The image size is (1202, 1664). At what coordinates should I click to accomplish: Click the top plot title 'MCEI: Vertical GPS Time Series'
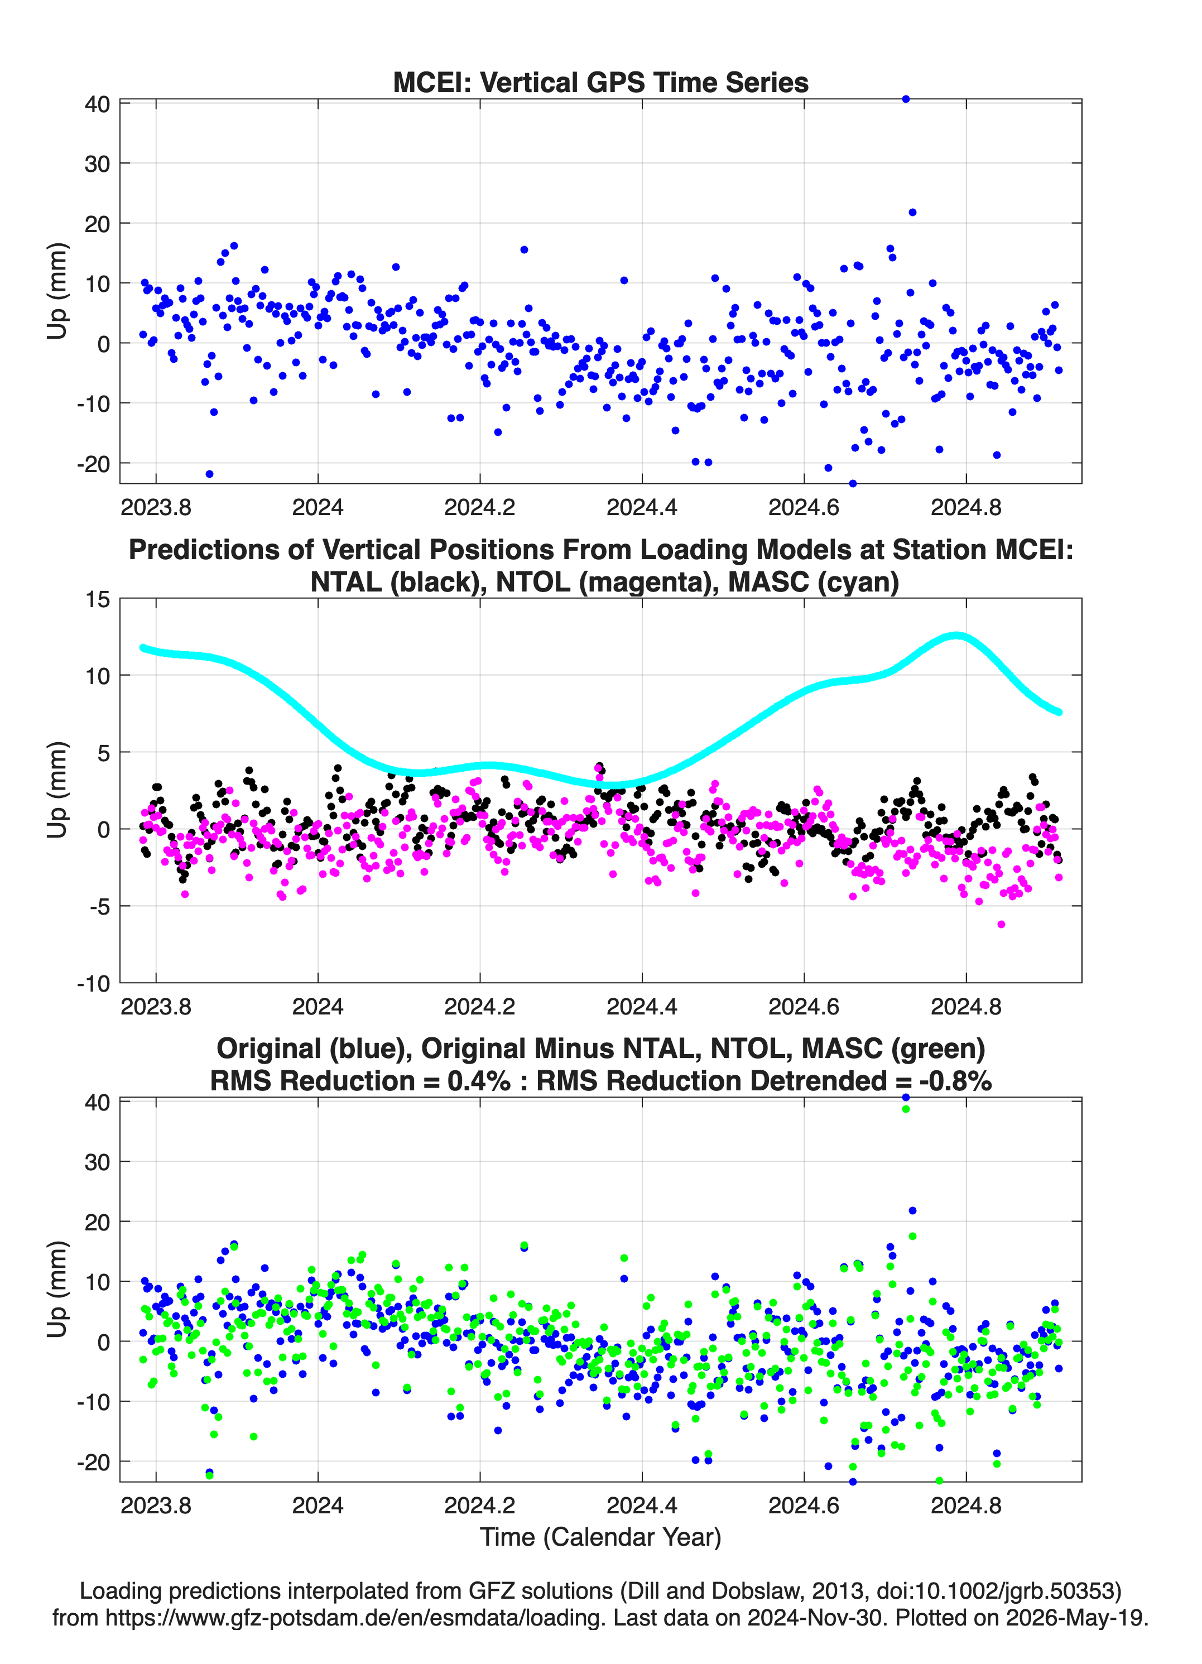(600, 82)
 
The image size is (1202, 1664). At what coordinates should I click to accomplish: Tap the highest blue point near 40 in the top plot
(906, 99)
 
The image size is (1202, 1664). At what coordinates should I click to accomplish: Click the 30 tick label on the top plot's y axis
(97, 163)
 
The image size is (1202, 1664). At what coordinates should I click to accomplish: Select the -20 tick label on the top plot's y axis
(93, 464)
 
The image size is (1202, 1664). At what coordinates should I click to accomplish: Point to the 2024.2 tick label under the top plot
(480, 507)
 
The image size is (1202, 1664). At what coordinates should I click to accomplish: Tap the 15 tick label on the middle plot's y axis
(98, 599)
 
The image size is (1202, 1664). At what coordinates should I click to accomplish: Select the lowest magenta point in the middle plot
(1001, 925)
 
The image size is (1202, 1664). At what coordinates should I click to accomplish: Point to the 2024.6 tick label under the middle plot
(804, 1006)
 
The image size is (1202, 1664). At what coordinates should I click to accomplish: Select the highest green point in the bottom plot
(906, 1109)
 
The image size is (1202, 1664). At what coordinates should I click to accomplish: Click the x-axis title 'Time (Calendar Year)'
(600, 1536)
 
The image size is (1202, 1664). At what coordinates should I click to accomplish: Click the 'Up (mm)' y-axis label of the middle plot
(57, 790)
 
